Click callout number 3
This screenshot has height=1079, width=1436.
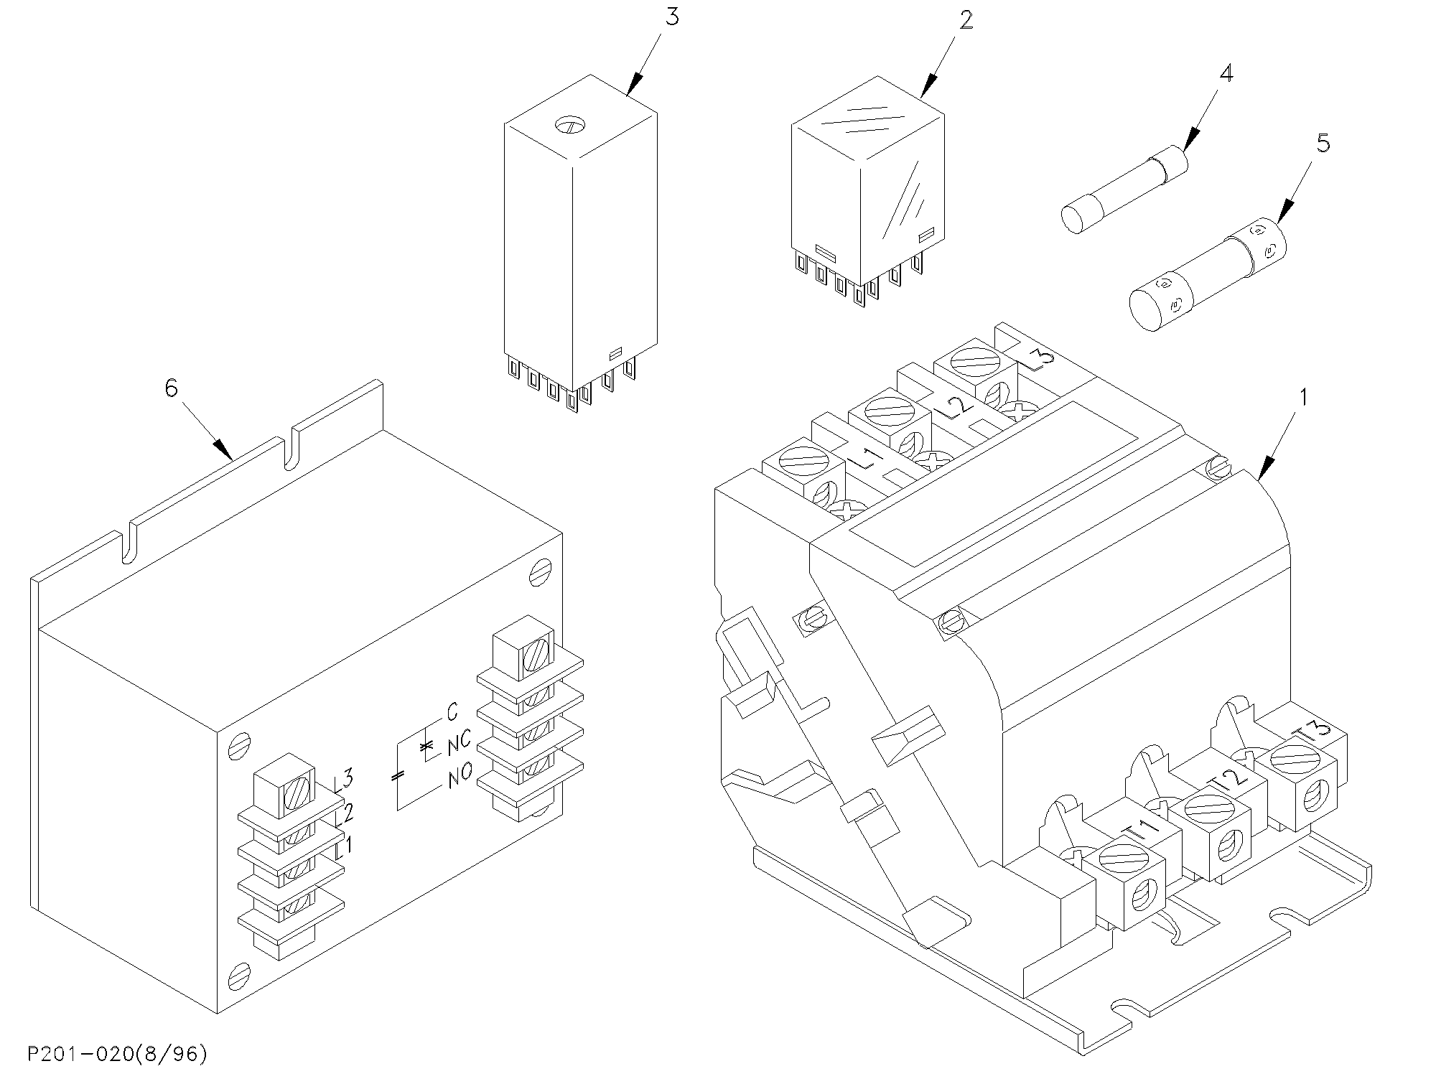(671, 16)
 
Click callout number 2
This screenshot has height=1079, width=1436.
(966, 20)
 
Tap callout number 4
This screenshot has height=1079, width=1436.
(1226, 73)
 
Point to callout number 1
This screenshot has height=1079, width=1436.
(1303, 396)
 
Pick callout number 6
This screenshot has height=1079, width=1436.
(171, 388)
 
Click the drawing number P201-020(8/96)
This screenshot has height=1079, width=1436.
(118, 1054)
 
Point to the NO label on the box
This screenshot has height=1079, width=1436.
(460, 775)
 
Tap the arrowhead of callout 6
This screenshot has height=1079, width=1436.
(223, 449)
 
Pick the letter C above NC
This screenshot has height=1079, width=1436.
(452, 711)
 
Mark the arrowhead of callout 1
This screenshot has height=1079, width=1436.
(1265, 468)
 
